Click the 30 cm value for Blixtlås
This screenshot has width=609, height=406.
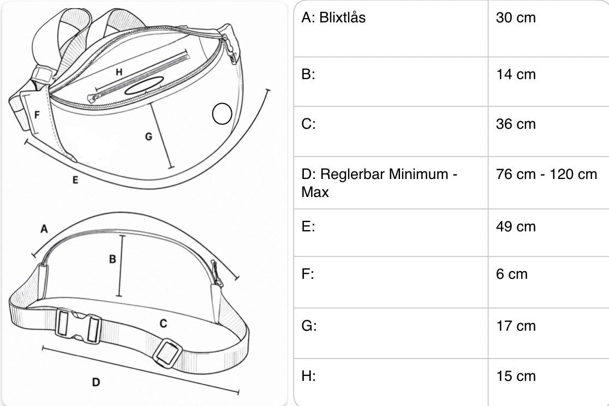pyautogui.click(x=515, y=18)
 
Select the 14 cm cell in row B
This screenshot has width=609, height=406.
pyautogui.click(x=515, y=74)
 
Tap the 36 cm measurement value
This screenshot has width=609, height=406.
pyautogui.click(x=515, y=124)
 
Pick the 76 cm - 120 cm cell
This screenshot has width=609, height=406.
pyautogui.click(x=546, y=174)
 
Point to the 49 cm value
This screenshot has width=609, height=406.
pyautogui.click(x=515, y=226)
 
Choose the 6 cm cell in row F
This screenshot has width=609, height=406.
pyautogui.click(x=511, y=274)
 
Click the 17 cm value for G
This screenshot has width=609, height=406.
pyautogui.click(x=515, y=326)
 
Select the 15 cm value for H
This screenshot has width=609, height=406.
pyautogui.click(x=515, y=376)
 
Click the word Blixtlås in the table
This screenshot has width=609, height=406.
pyautogui.click(x=342, y=18)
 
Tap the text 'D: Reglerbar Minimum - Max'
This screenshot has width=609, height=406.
pyautogui.click(x=379, y=183)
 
